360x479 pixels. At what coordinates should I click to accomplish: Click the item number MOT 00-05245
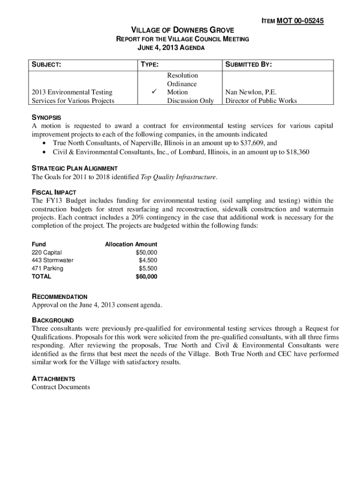[x=300, y=21]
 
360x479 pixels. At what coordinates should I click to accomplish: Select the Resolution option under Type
[x=182, y=75]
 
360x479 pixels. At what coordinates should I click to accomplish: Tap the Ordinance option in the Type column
[x=182, y=84]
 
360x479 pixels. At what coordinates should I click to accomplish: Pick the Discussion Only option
[x=190, y=101]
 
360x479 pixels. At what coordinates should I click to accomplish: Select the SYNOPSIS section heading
[x=46, y=117]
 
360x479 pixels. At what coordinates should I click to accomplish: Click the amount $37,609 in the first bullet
[x=253, y=143]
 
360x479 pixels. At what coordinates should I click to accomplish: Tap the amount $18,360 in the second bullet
[x=297, y=152]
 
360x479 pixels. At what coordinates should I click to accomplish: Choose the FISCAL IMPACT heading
[x=53, y=192]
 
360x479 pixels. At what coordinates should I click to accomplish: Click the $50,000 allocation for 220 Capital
[x=146, y=253]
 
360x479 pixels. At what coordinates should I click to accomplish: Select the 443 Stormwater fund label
[x=52, y=261]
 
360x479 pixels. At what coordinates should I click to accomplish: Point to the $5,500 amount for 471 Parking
[x=148, y=269]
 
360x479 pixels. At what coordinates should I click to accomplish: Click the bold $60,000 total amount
[x=146, y=276]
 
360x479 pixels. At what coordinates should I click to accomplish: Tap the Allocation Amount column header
[x=131, y=244]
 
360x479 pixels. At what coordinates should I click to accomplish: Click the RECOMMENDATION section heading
[x=59, y=297]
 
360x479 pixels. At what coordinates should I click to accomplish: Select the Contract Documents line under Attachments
[x=60, y=387]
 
